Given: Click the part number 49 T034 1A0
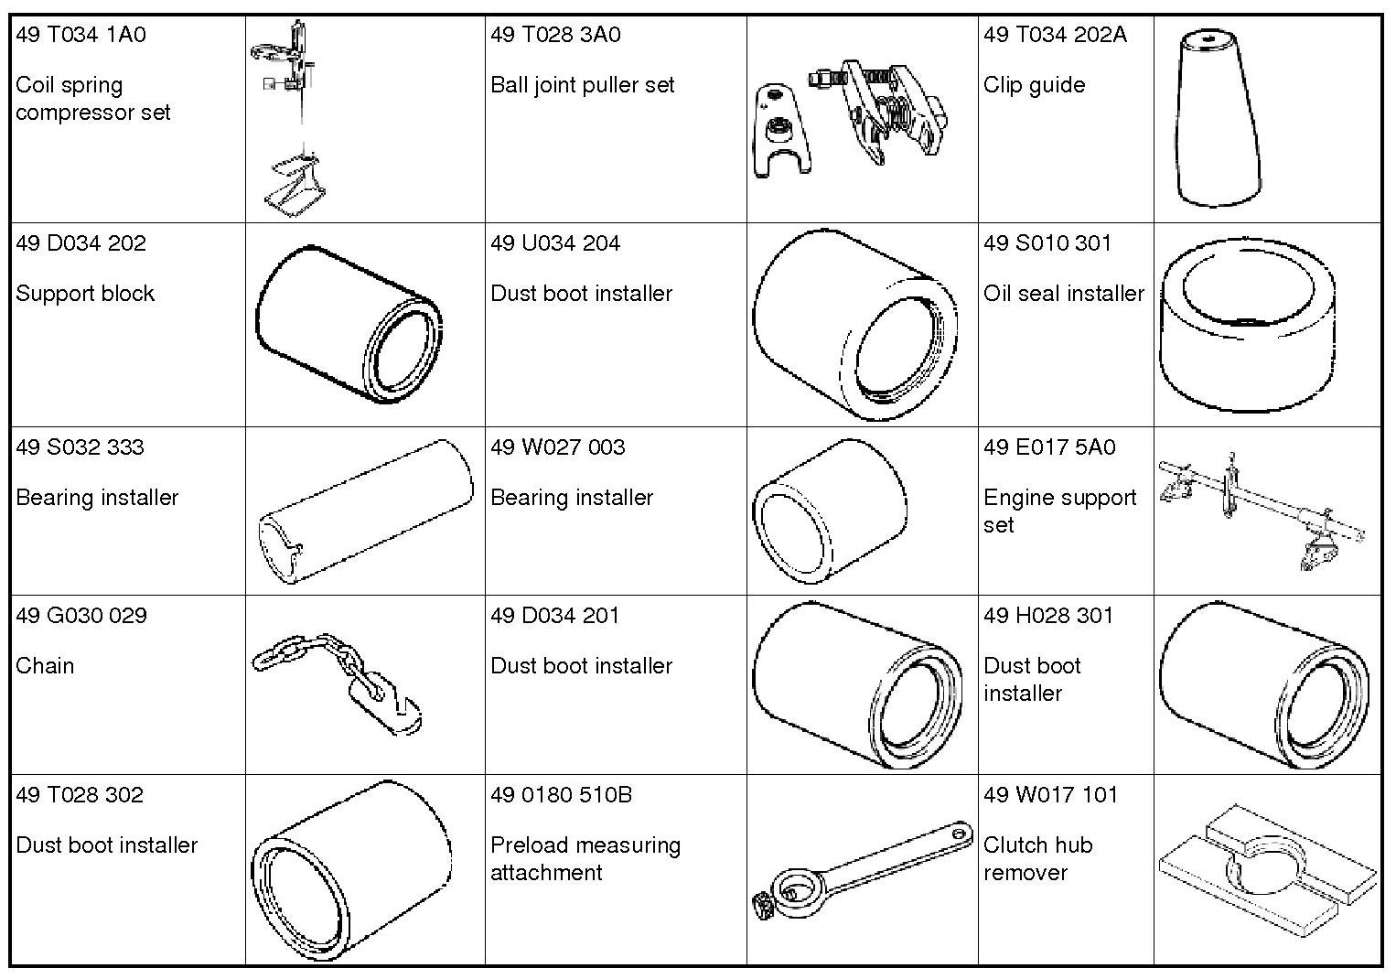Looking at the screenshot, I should (81, 35).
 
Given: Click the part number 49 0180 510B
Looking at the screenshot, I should (561, 794).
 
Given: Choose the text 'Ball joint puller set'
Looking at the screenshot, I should (582, 85).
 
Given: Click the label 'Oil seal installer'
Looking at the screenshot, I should (1063, 294).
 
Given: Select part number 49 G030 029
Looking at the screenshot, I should (81, 615).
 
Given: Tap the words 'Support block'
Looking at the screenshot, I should (85, 294).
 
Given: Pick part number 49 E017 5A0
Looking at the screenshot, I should (1049, 446).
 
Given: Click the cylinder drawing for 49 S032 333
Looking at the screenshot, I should (365, 511).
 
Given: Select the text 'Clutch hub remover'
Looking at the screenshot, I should (1037, 858).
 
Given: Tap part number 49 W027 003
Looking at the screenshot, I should (557, 446).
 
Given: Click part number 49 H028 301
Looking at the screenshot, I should (1048, 615).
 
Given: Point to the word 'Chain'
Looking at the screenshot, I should (45, 666).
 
